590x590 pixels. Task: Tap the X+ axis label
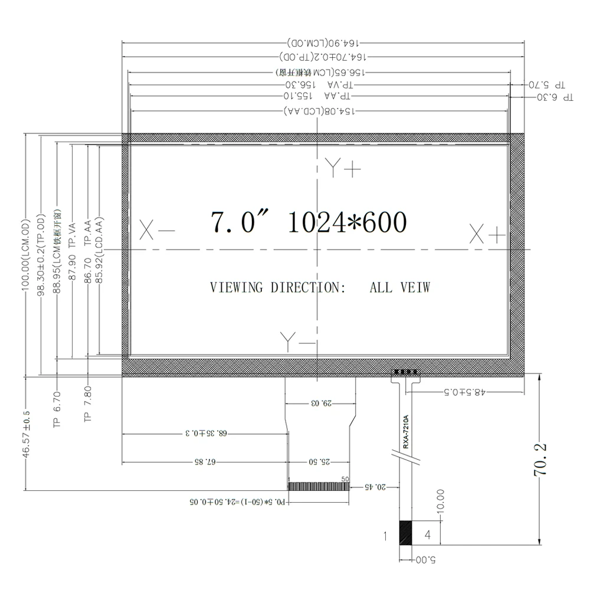487,234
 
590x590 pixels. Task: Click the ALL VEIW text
399,287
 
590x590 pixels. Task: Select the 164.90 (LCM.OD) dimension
324,44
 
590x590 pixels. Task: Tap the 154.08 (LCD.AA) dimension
319,112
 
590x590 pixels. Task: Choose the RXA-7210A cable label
406,432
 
